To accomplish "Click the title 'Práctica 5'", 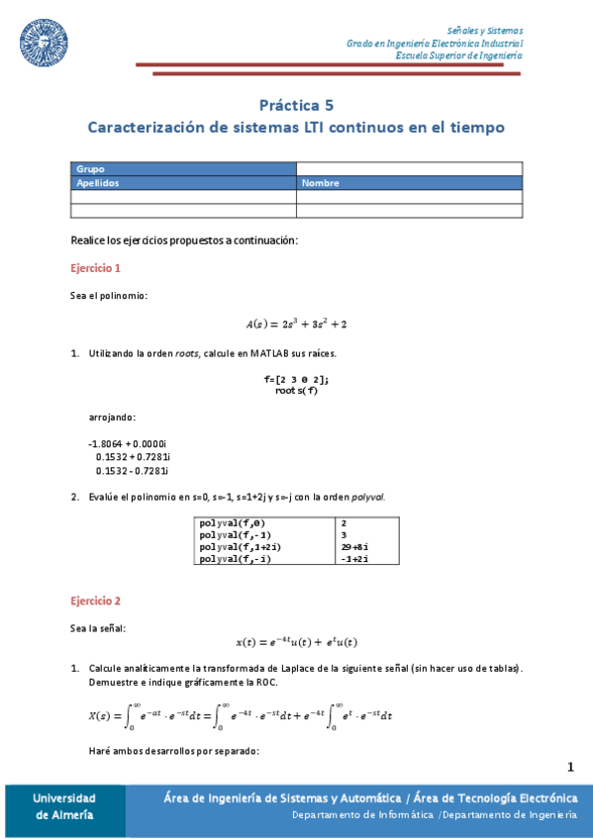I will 296,104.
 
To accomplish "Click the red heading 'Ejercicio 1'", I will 96,268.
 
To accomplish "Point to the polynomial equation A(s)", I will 296,324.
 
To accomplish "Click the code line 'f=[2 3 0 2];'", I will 297,380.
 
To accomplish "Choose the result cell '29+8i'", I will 353,546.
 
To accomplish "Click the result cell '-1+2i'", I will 353,559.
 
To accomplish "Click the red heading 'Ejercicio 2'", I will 96,601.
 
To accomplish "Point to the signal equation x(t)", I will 296,641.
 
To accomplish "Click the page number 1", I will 570,767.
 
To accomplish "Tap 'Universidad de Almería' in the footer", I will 63,806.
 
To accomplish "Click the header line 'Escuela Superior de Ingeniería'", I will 458,55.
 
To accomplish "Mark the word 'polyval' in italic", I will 366,497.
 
